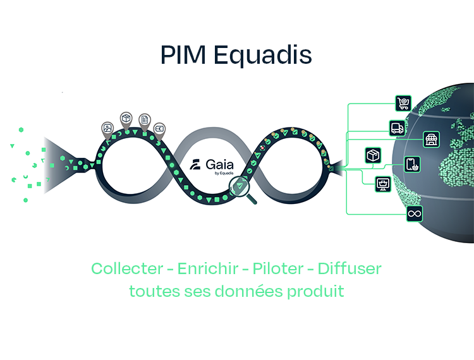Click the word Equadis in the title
click(263, 55)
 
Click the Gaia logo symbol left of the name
click(196, 166)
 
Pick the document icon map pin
click(145, 119)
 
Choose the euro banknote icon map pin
click(160, 128)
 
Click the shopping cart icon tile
click(403, 104)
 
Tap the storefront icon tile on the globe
click(432, 139)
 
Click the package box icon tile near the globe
click(374, 155)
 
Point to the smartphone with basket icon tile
click(413, 165)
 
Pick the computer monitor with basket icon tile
click(383, 184)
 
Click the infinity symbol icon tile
click(415, 214)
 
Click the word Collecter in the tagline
click(126, 268)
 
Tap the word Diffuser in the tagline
click(349, 268)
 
